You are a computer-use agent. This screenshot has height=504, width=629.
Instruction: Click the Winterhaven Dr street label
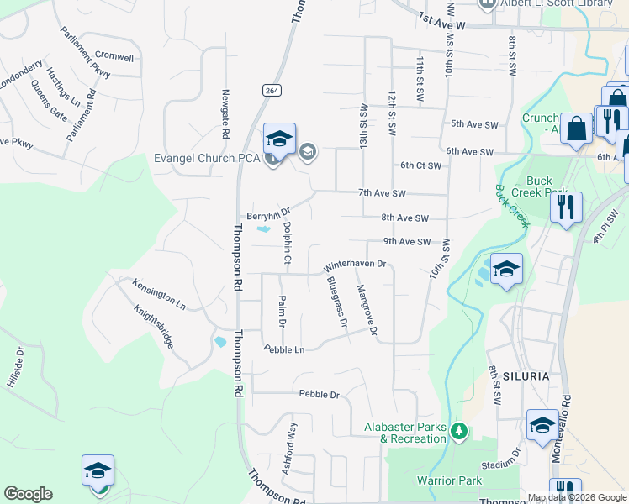pos(354,265)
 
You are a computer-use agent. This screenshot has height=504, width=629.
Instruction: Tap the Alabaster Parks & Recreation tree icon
pos(459,432)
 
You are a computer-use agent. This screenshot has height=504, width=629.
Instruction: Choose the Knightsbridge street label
pos(154,327)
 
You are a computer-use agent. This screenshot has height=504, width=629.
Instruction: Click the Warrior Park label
pos(450,480)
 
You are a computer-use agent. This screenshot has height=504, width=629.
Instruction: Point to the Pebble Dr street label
pos(319,394)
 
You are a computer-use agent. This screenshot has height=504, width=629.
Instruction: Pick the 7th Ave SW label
pos(382,193)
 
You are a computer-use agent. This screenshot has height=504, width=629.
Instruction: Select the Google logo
pos(28,494)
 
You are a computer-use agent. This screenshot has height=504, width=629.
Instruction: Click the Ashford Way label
pos(290,450)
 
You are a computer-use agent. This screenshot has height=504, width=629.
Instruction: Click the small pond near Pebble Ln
pos(220,342)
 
